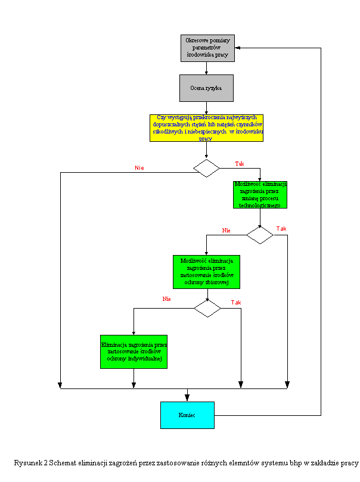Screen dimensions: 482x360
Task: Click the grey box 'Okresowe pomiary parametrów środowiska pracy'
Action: [208, 48]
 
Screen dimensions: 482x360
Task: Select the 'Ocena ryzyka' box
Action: [206, 88]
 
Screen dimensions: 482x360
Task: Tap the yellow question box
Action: [206, 128]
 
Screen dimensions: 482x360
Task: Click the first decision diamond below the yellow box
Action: [206, 168]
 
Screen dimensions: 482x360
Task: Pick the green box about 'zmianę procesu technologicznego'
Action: [260, 194]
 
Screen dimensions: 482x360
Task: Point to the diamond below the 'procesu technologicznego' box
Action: [260, 235]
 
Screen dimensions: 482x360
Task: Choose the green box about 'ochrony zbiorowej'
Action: [206, 272]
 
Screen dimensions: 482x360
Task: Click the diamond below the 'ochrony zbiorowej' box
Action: [207, 308]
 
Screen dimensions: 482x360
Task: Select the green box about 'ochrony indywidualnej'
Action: [134, 352]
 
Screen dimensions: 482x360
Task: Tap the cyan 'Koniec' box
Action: [187, 415]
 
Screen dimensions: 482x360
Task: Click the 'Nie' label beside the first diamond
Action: [139, 168]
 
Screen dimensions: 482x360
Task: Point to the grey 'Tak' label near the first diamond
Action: [240, 163]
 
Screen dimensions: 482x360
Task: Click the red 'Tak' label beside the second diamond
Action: [281, 229]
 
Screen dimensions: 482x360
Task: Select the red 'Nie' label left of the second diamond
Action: [226, 230]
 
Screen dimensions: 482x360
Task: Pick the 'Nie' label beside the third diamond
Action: [166, 298]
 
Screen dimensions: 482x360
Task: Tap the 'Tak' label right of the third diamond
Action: [236, 303]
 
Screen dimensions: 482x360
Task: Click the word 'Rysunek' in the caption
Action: [27, 463]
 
